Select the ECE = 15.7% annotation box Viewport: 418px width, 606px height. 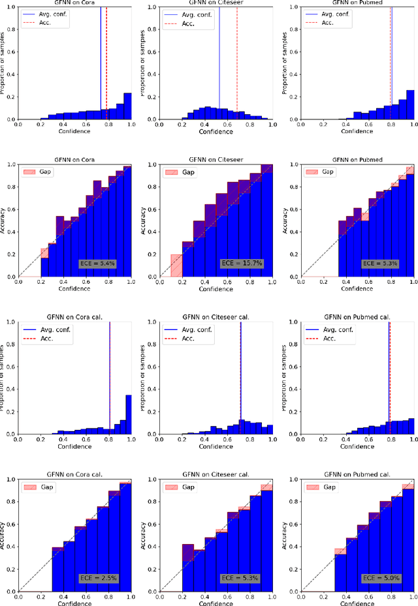click(x=241, y=264)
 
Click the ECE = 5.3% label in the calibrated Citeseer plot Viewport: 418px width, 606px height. click(x=241, y=578)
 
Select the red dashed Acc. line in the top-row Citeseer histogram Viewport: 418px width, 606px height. click(x=236, y=65)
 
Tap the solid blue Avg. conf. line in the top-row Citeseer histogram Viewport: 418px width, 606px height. click(x=219, y=65)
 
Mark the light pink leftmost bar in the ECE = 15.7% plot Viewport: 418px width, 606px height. click(x=176, y=265)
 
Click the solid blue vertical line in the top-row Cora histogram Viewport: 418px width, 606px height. click(x=101, y=65)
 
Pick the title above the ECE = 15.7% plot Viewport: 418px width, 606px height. click(x=216, y=159)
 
